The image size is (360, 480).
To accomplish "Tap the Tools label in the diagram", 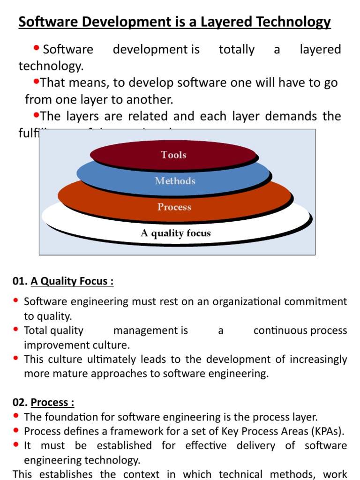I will point(174,155).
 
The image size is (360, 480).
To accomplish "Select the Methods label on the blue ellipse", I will point(175,181).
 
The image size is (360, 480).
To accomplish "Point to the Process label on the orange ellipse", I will point(174,207).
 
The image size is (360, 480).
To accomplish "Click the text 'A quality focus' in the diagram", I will point(176,233).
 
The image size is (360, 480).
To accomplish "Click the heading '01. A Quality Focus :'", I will point(63,281).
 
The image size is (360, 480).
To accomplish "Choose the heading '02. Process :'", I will point(43,403).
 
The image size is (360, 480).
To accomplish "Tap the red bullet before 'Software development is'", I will point(37,48).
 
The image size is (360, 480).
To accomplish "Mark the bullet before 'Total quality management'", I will point(16,330).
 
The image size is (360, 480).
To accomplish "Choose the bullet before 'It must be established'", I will point(16,444).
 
